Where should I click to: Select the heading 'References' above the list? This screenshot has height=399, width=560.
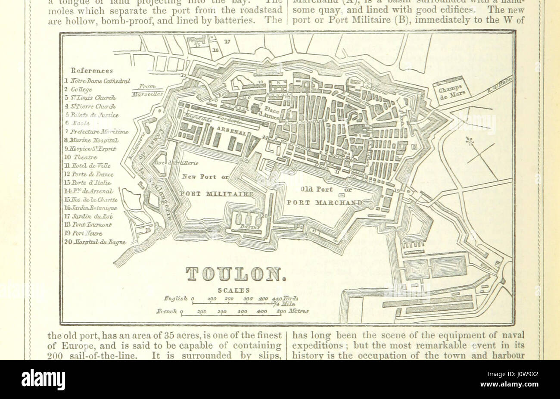[92, 71]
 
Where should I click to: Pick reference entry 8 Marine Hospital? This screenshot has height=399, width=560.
[91, 140]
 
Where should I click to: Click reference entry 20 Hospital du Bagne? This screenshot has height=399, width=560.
[95, 242]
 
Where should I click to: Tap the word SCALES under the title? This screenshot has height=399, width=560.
[232, 290]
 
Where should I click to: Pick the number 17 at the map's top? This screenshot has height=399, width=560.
[227, 42]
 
